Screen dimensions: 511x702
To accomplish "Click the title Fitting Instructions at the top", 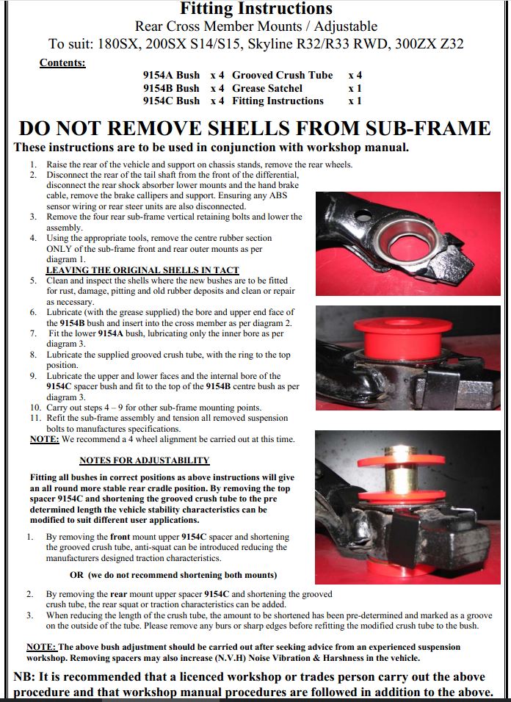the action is [x=256, y=9].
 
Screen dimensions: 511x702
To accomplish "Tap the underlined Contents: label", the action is [x=62, y=62].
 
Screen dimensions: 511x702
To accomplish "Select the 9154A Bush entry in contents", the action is [x=171, y=75].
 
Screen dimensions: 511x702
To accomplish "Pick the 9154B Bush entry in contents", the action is [x=171, y=88].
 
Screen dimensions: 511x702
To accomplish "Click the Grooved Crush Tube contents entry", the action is [x=283, y=75].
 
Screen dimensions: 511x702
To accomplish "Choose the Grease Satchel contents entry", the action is [x=267, y=88].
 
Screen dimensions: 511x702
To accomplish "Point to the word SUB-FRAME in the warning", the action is [x=428, y=129].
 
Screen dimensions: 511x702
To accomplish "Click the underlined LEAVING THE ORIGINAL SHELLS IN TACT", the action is [x=142, y=270].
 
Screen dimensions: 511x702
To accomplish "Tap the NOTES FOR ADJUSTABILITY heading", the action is [x=145, y=460].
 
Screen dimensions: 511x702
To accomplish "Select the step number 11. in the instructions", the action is [x=35, y=418].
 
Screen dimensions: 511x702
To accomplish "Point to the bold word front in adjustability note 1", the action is [x=120, y=537].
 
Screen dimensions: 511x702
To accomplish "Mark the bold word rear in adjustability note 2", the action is [x=119, y=595].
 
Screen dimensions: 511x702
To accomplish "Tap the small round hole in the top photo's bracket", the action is [x=363, y=217].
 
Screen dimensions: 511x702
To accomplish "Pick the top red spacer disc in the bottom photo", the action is [x=402, y=460].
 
